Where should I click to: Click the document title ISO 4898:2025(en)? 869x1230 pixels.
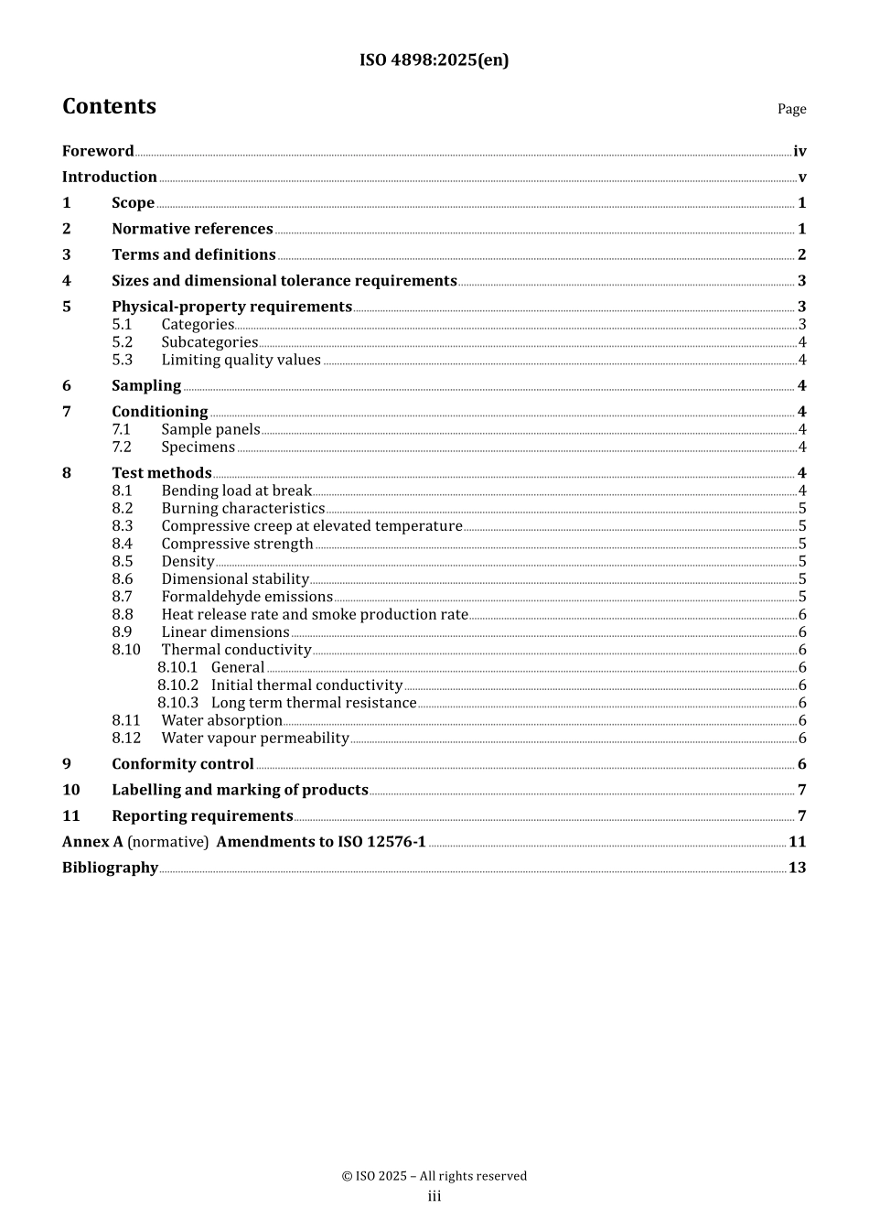(x=434, y=60)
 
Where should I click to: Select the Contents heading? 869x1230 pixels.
(x=109, y=106)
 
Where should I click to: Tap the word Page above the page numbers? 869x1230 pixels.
(x=791, y=109)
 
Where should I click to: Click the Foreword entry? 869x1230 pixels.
(x=98, y=151)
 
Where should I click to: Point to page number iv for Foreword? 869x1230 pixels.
(x=799, y=151)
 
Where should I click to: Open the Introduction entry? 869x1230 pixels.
(x=110, y=177)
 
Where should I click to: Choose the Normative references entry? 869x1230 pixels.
(x=192, y=229)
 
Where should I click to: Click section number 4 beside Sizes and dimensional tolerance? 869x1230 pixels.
(x=67, y=281)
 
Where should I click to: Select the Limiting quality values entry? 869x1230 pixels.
(x=241, y=360)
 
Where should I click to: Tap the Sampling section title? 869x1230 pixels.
(x=146, y=385)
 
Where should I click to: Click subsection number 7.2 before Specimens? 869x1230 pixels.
(x=122, y=447)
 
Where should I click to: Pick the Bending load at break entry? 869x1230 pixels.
(x=236, y=491)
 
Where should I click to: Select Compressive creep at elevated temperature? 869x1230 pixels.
(x=311, y=526)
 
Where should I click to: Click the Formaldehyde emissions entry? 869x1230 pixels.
(x=247, y=597)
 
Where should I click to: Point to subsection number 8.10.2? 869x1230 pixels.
(x=177, y=685)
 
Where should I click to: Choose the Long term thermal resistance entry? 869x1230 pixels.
(x=314, y=703)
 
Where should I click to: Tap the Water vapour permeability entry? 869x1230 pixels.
(x=255, y=739)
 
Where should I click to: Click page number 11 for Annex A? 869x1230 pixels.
(x=797, y=842)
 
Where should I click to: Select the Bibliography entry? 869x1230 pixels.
(x=110, y=868)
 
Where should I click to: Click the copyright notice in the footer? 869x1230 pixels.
(x=434, y=1176)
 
